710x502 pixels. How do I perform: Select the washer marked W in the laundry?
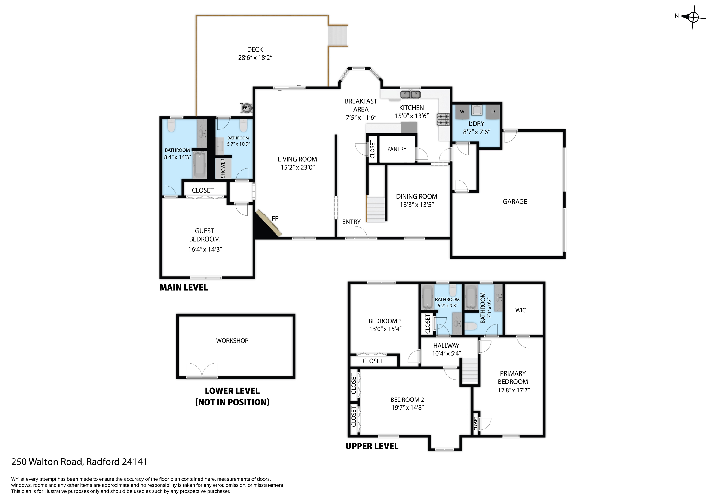[x=462, y=112]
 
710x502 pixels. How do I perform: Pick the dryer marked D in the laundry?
[x=493, y=112]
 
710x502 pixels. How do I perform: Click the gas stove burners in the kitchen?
[x=443, y=120]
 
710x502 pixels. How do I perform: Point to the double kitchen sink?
[x=410, y=94]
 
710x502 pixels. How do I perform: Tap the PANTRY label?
[x=397, y=149]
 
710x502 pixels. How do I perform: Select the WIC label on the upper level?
[x=520, y=310]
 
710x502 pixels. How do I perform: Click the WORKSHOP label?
[x=232, y=340]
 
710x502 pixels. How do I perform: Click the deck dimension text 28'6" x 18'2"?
[x=255, y=58]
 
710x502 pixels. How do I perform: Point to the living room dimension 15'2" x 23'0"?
[x=297, y=167]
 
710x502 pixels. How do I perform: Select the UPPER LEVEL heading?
[x=372, y=446]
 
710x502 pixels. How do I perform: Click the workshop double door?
[x=202, y=370]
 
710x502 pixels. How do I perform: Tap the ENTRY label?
[x=351, y=222]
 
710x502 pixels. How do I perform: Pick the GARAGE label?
[x=515, y=202]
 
